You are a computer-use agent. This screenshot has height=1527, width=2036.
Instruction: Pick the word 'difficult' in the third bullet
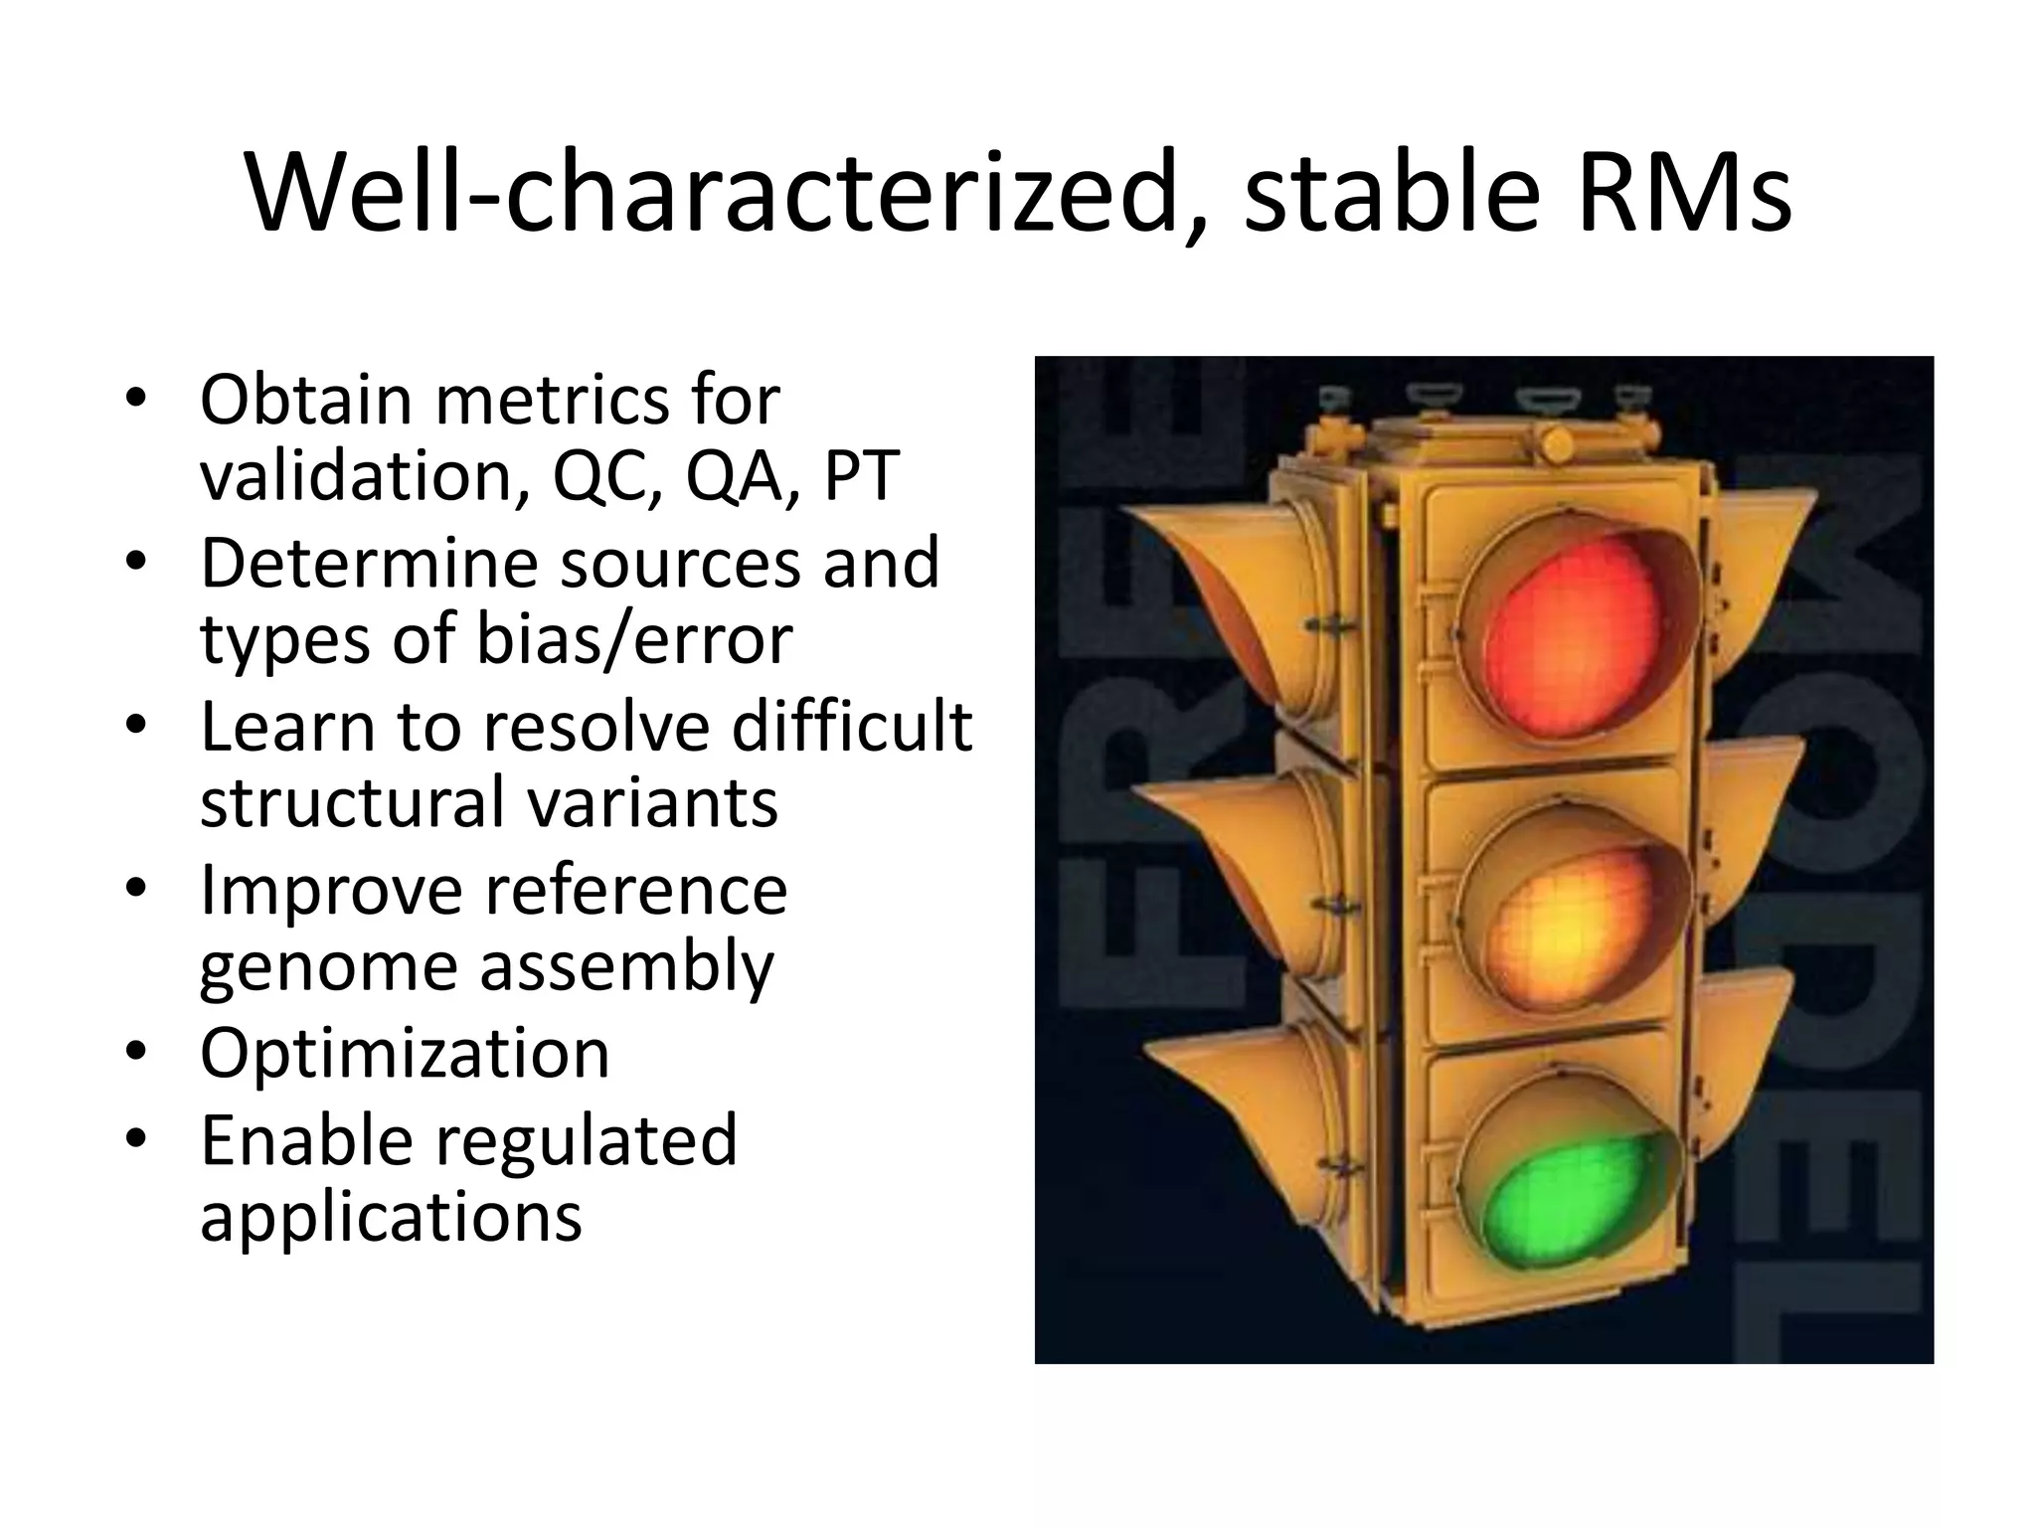coord(852,726)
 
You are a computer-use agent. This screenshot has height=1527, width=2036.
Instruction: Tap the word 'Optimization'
coord(405,1053)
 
